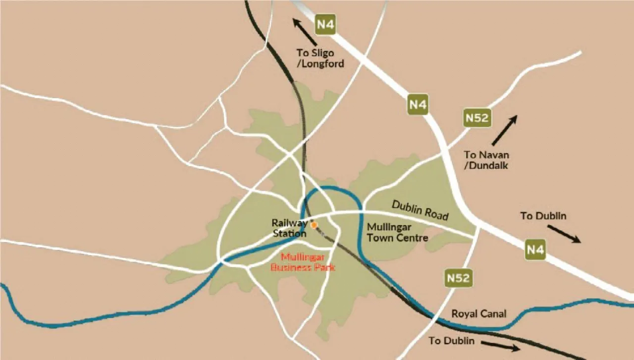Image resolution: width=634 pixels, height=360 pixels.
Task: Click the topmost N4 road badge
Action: pos(325,25)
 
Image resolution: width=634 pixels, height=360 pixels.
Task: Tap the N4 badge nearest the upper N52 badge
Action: pos(418,104)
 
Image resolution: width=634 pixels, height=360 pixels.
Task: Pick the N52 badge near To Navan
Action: pos(477,118)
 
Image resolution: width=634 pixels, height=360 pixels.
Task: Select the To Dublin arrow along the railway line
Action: pos(501,345)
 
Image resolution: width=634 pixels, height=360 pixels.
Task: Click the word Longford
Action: pos(324,64)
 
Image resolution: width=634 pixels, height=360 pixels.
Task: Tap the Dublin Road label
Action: pos(420,210)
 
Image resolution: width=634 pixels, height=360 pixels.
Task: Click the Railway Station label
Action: pos(290,228)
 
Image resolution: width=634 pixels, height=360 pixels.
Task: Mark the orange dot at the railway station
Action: pos(314,225)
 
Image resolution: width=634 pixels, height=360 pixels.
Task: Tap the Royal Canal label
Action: pos(478,314)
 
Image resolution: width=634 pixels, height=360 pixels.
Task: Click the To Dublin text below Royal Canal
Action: pos(452,341)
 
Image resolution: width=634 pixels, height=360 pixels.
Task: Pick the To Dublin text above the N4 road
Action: pos(543,216)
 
